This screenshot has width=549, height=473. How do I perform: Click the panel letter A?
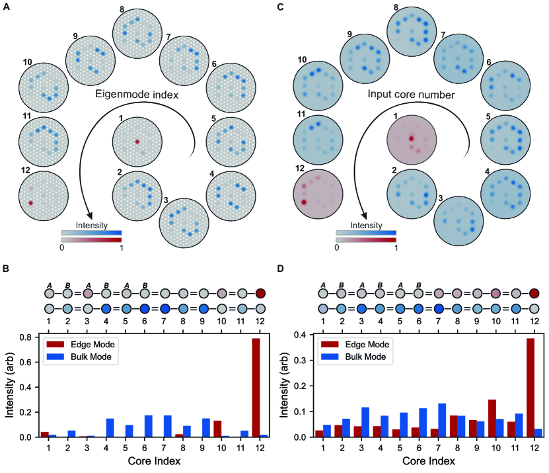(5, 5)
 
